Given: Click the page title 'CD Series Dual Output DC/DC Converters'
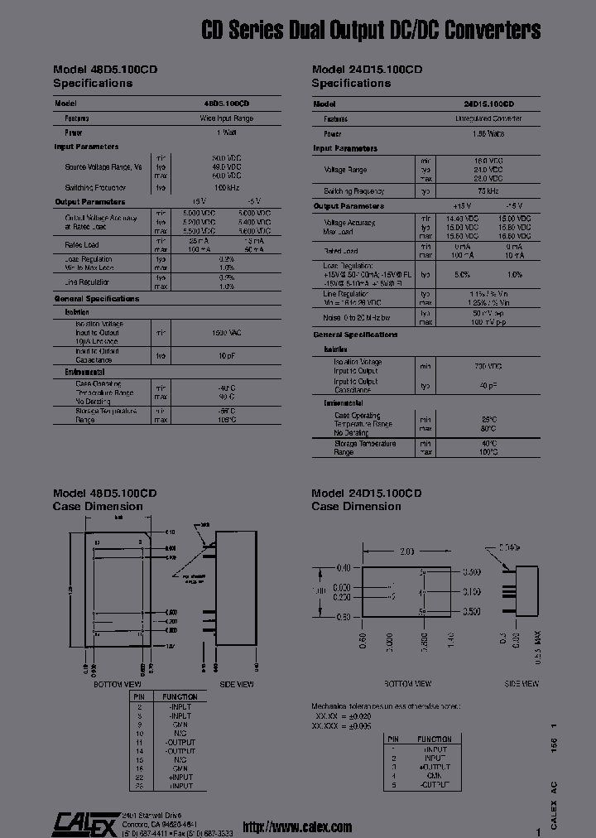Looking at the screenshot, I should point(371,31).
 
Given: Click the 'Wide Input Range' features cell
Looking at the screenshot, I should point(226,118).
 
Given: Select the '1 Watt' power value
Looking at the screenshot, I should point(226,132).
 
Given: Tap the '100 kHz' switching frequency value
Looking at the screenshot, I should point(226,188).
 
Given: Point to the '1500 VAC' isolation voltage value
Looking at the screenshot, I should point(226,332).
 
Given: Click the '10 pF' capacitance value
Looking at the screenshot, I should point(226,356).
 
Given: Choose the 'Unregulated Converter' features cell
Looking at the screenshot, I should point(488,119).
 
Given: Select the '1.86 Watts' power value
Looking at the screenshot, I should point(488,133).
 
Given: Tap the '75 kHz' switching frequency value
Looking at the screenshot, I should point(488,191).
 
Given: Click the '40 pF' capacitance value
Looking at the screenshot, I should point(488,386).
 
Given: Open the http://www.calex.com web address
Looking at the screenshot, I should point(297,826).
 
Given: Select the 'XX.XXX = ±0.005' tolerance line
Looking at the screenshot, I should point(341,725).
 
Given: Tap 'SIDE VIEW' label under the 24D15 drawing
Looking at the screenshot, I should point(521,683).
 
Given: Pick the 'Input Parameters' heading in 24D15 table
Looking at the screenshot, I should point(345,148).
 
